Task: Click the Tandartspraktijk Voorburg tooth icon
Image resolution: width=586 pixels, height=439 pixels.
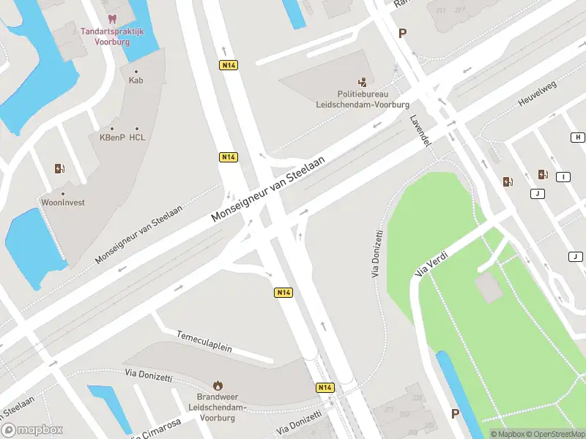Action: tap(111, 18)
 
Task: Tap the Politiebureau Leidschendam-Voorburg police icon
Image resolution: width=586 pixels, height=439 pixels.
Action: tap(363, 83)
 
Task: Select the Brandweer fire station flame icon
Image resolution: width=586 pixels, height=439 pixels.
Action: tap(218, 385)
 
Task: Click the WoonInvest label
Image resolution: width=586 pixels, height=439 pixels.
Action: tap(63, 202)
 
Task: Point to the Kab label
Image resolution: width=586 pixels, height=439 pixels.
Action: tap(136, 80)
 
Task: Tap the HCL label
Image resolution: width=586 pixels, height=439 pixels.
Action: tap(137, 137)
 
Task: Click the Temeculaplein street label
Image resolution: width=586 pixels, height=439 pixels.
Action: tap(204, 342)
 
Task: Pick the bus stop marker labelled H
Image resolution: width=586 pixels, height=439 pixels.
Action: tap(578, 138)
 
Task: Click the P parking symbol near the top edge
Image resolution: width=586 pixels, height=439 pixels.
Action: tap(401, 33)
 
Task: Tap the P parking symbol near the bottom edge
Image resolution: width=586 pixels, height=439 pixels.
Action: tap(455, 414)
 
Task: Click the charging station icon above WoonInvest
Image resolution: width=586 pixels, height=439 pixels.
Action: tap(59, 169)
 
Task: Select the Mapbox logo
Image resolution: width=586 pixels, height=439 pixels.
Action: tap(32, 430)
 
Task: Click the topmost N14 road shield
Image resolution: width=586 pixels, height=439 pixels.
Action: tap(229, 65)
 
